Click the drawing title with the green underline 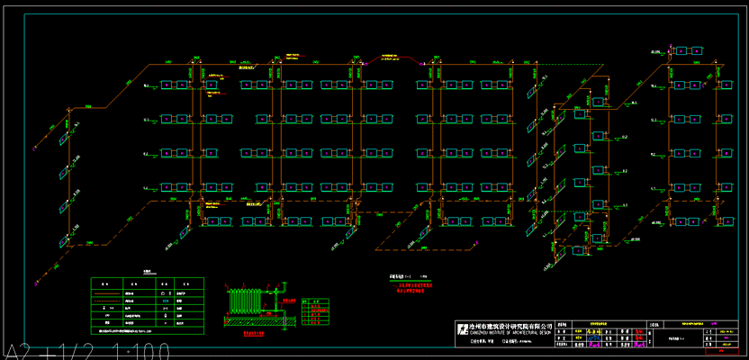(402, 277)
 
